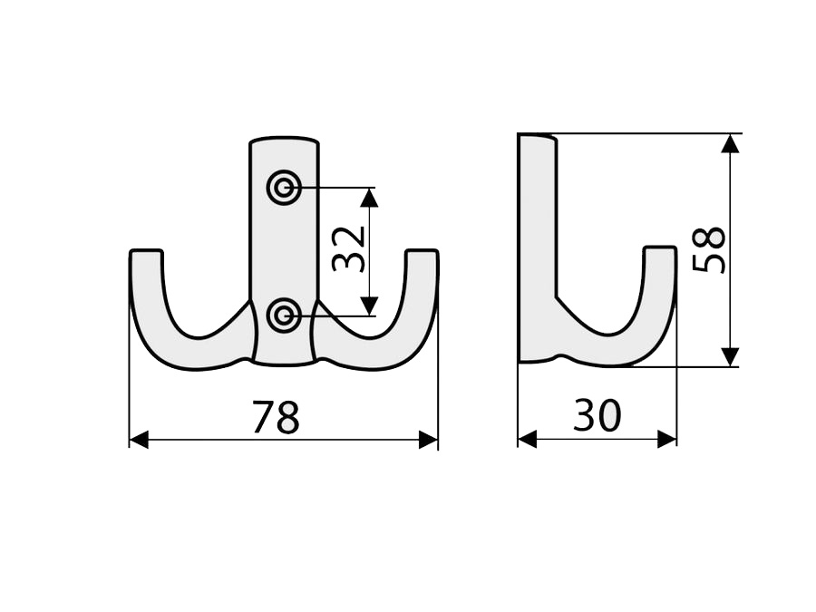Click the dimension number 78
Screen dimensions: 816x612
[x=276, y=417]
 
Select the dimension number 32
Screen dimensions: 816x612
[x=348, y=250]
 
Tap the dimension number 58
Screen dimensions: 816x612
[x=708, y=250]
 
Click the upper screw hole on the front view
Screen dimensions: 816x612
[x=284, y=188]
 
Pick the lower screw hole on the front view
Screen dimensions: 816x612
[x=284, y=316]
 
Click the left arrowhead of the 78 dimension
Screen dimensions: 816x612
[x=139, y=440]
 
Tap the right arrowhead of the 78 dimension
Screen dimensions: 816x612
[x=428, y=440]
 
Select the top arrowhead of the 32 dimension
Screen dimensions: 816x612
[x=369, y=198]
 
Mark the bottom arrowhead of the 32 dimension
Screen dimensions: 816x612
[x=369, y=306]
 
